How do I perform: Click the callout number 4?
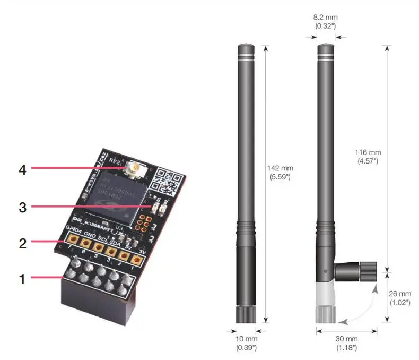pos(22,169)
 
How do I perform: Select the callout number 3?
pos(22,207)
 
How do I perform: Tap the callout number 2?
pos(22,244)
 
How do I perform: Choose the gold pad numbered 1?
pos(137,260)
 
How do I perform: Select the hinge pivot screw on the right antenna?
pos(325,271)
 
